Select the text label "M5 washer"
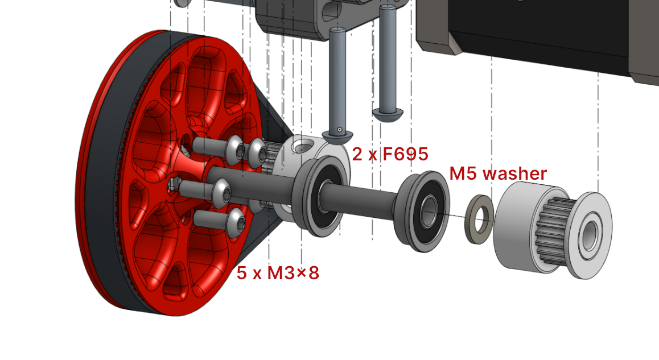(x=498, y=173)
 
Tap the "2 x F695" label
(x=390, y=154)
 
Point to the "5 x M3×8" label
(x=278, y=273)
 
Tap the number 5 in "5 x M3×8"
(x=242, y=273)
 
